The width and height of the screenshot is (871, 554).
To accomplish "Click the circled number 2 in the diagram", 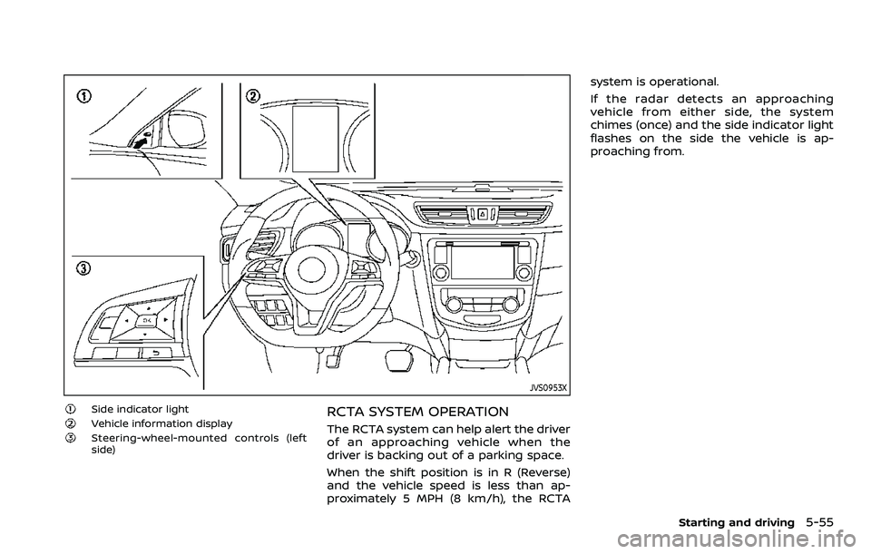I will [252, 96].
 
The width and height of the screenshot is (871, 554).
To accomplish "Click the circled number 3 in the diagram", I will [83, 268].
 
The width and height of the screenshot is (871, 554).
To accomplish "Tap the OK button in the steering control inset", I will [148, 321].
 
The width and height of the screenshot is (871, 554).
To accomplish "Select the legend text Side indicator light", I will [140, 409].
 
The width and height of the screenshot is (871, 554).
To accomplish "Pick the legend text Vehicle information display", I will [161, 423].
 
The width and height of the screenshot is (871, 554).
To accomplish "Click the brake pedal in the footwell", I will [396, 361].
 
